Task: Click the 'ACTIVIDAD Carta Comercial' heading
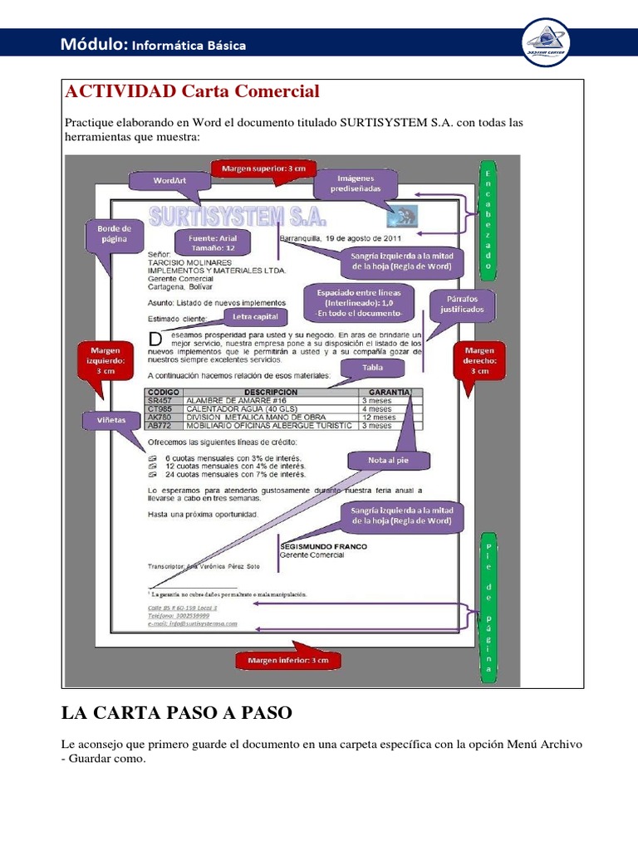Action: pos(192,91)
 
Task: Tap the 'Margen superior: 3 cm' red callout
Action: pos(263,169)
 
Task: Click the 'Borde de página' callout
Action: pos(114,233)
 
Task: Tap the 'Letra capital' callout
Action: pos(254,317)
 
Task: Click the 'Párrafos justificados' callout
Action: pos(463,304)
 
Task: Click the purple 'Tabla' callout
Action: pos(373,367)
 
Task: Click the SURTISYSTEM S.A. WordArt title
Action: pos(238,217)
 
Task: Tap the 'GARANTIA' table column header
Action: pos(389,392)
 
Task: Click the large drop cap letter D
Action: pos(154,339)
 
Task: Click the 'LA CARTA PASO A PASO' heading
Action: pos(177,713)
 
